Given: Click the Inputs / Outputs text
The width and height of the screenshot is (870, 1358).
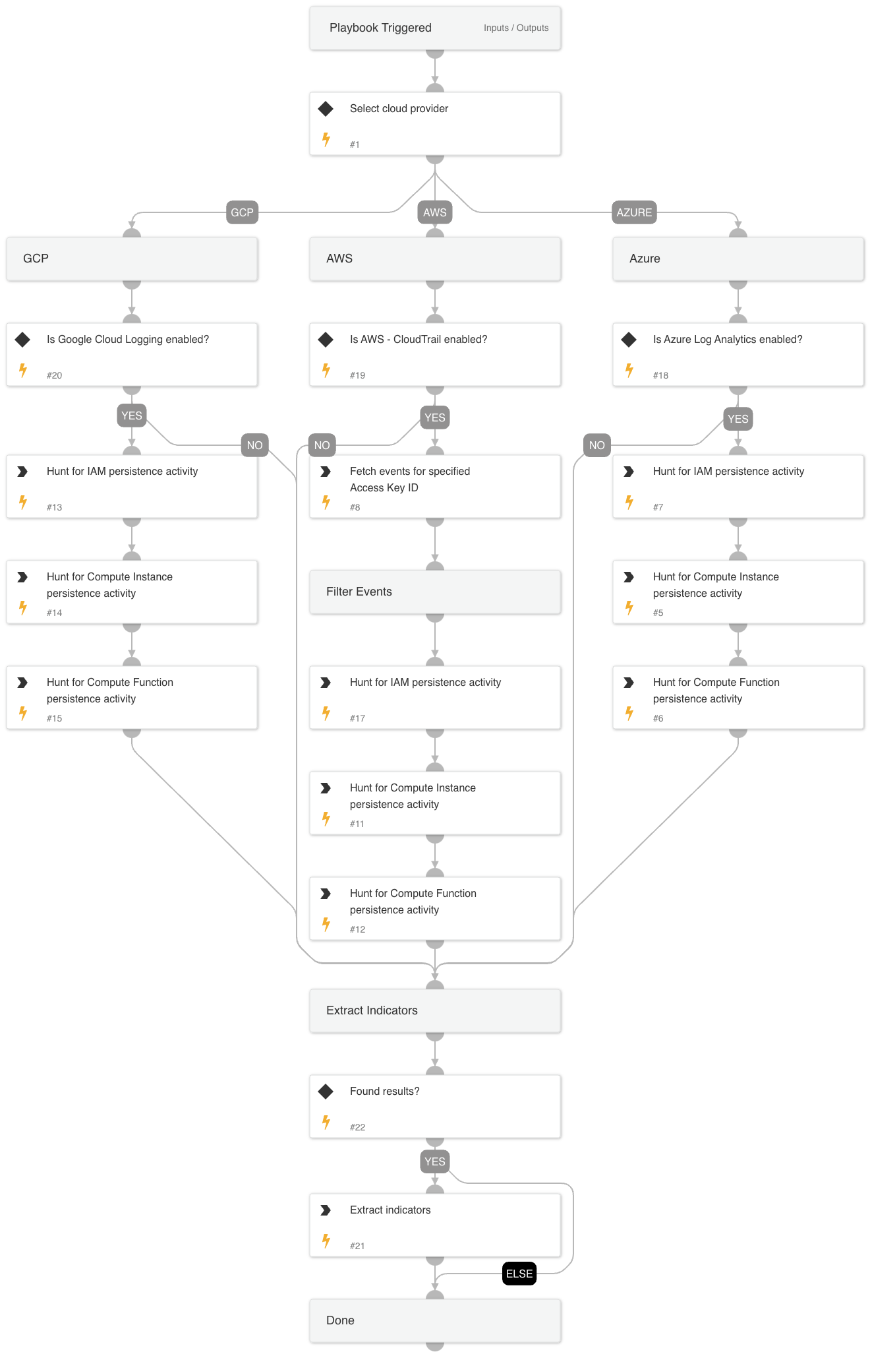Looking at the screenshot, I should pos(515,28).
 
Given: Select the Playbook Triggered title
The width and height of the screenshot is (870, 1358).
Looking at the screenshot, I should pos(380,28).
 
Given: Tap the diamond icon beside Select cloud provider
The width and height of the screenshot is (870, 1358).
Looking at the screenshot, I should pos(326,109).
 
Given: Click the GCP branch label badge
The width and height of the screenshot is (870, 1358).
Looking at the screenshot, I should pos(242,212).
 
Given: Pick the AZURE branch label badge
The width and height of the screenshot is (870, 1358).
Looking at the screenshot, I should pos(634,212).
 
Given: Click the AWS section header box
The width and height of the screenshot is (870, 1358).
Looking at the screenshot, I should pos(435,259).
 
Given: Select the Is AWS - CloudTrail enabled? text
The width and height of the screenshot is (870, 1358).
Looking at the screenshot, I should pos(419,340).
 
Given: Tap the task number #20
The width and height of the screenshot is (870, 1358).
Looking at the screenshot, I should pos(54,375).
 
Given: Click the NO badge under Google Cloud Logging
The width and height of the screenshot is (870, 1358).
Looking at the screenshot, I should pos(254,445).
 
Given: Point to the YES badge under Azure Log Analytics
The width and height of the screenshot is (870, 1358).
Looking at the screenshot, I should pos(738,419).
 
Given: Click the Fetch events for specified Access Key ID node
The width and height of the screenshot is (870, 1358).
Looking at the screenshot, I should pos(435,487).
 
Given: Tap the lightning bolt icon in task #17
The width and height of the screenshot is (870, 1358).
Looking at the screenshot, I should pos(326,713).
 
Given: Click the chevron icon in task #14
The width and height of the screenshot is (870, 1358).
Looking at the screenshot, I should pos(22,577).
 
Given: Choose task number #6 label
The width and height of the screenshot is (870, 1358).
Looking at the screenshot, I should pos(658,718).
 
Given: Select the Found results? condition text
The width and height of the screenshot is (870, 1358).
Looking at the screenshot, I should pos(384,1092).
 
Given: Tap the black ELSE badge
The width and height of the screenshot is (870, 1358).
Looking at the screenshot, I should pos(519,1274).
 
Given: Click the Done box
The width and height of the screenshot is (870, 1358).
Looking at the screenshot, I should pos(435,1320).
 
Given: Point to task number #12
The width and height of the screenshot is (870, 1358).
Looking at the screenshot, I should pos(357,929).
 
